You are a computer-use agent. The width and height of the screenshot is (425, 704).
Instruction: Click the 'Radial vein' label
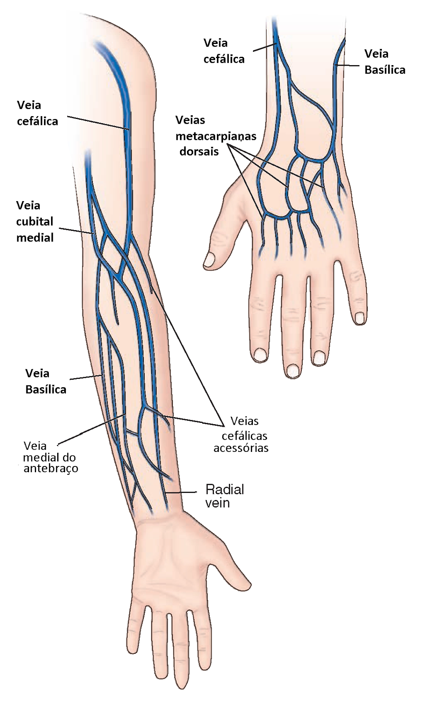point(224,496)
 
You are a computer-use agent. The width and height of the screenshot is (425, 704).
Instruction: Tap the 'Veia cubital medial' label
point(35,221)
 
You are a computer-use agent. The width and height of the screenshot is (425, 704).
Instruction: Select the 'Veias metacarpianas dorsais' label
point(216,136)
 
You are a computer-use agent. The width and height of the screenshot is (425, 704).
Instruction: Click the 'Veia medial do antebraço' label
point(50,457)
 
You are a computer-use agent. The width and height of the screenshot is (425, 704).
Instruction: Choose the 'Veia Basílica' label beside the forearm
point(46,381)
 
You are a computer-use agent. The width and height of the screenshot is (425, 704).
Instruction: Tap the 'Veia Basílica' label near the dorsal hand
point(385,62)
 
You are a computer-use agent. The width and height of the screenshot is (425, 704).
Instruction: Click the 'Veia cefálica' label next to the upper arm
point(37,113)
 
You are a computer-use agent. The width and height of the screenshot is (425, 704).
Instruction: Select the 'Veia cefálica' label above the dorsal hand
point(223,51)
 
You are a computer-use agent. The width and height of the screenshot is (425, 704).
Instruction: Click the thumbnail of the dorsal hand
point(210,259)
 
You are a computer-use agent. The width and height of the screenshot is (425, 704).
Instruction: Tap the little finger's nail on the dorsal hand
point(360,317)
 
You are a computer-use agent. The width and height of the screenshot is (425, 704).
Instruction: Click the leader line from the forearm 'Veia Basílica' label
point(86,378)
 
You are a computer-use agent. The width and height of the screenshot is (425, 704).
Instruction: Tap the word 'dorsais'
point(199,152)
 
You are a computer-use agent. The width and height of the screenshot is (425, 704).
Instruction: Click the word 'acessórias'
point(241,448)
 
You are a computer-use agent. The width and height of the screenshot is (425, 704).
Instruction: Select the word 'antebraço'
point(51,469)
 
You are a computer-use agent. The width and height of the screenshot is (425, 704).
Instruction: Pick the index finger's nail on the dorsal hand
point(260,354)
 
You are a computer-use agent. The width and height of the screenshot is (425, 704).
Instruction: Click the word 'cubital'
point(35,221)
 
